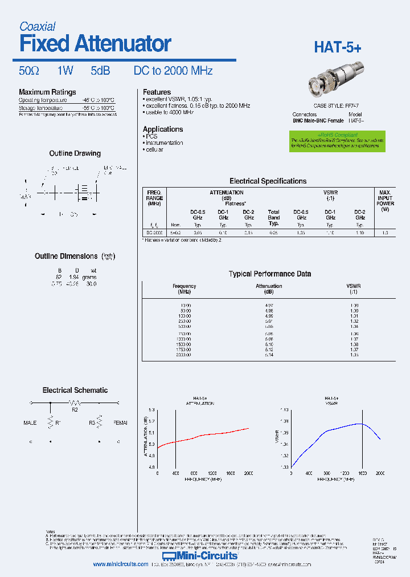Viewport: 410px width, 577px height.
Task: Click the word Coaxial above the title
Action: [x=38, y=26]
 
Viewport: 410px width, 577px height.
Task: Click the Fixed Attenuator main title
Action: [x=95, y=43]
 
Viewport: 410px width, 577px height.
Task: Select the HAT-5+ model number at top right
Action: [x=337, y=48]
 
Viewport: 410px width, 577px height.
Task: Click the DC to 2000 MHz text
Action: [x=173, y=71]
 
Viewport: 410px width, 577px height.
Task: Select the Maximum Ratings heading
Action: [x=47, y=92]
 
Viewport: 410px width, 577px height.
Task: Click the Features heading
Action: [x=157, y=92]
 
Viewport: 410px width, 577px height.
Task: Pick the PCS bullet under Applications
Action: [x=151, y=136]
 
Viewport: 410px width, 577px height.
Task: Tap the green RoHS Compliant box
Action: [x=337, y=141]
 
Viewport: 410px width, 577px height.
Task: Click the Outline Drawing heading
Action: [x=75, y=153]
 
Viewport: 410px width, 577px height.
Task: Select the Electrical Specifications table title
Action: [x=268, y=181]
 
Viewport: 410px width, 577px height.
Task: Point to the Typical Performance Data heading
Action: [x=269, y=274]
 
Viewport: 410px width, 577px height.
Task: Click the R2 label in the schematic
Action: [x=75, y=409]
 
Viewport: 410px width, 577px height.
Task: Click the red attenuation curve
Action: [x=205, y=436]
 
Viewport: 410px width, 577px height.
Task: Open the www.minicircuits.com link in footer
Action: [x=120, y=564]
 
